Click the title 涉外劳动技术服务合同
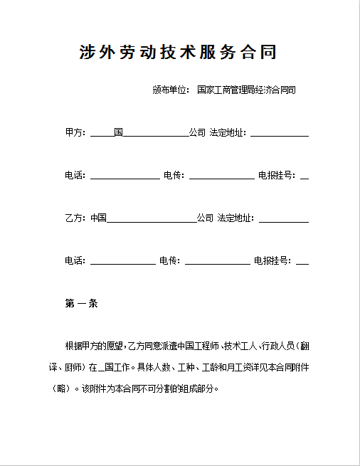click(x=178, y=53)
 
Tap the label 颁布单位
click(x=169, y=90)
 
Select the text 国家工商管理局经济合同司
click(x=246, y=90)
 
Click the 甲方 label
click(x=74, y=133)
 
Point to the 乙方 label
click(x=74, y=218)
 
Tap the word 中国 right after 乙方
click(x=98, y=218)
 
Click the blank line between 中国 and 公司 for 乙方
click(x=151, y=220)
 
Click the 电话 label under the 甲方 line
click(x=74, y=176)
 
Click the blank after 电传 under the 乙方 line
click(x=217, y=263)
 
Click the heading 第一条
click(x=81, y=304)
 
